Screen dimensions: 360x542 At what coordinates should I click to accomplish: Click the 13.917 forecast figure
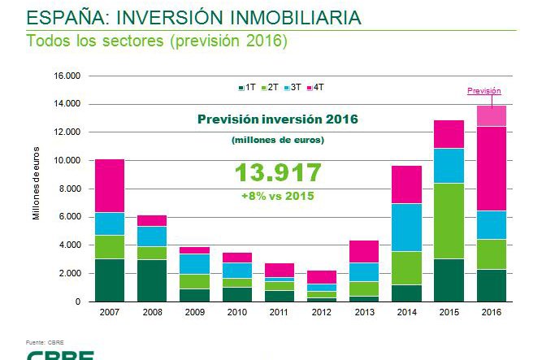pos(278,172)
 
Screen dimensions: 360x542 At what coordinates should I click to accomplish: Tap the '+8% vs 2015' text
pos(278,196)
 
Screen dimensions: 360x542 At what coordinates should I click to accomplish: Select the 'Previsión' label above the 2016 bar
pos(483,91)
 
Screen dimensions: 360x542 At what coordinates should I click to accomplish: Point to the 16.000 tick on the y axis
pos(67,76)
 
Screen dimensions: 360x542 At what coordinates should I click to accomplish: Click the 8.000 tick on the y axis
pos(70,189)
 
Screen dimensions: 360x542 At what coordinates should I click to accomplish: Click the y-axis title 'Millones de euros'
pos(36,189)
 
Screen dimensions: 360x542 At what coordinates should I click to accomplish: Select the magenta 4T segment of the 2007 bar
pos(110,185)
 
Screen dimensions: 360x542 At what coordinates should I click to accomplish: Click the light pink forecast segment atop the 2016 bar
pos(491,115)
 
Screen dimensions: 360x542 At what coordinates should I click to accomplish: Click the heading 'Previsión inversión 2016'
pos(278,119)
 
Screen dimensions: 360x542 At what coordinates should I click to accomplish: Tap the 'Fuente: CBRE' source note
pos(46,340)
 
